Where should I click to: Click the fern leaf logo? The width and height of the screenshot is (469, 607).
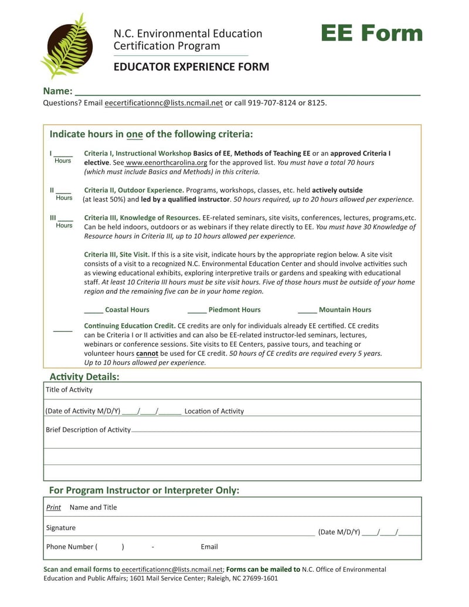pyautogui.click(x=66, y=46)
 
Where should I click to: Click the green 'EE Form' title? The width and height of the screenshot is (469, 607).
pyautogui.click(x=371, y=33)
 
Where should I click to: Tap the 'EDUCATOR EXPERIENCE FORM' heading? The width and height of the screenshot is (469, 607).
pyautogui.click(x=191, y=67)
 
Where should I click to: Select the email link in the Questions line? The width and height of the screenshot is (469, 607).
pyautogui.click(x=164, y=103)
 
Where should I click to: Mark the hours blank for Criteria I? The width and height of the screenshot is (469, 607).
pyautogui.click(x=63, y=154)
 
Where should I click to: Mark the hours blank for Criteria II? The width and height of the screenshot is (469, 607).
pyautogui.click(x=63, y=191)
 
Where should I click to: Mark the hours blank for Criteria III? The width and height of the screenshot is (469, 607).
pyautogui.click(x=65, y=219)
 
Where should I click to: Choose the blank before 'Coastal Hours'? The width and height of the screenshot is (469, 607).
pyautogui.click(x=93, y=310)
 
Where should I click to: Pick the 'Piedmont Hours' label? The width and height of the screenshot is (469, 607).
pyautogui.click(x=235, y=310)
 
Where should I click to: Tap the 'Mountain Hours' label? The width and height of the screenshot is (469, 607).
pyautogui.click(x=345, y=310)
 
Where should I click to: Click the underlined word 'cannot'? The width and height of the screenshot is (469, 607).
pyautogui.click(x=147, y=354)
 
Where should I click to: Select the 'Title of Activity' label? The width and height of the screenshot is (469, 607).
pyautogui.click(x=69, y=390)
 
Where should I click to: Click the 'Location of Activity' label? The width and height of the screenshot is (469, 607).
pyautogui.click(x=214, y=411)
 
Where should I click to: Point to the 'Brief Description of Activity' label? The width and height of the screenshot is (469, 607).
pyautogui.click(x=88, y=430)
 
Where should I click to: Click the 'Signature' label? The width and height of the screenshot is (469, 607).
pyautogui.click(x=61, y=528)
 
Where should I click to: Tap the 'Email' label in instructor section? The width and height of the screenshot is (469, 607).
pyautogui.click(x=209, y=547)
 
